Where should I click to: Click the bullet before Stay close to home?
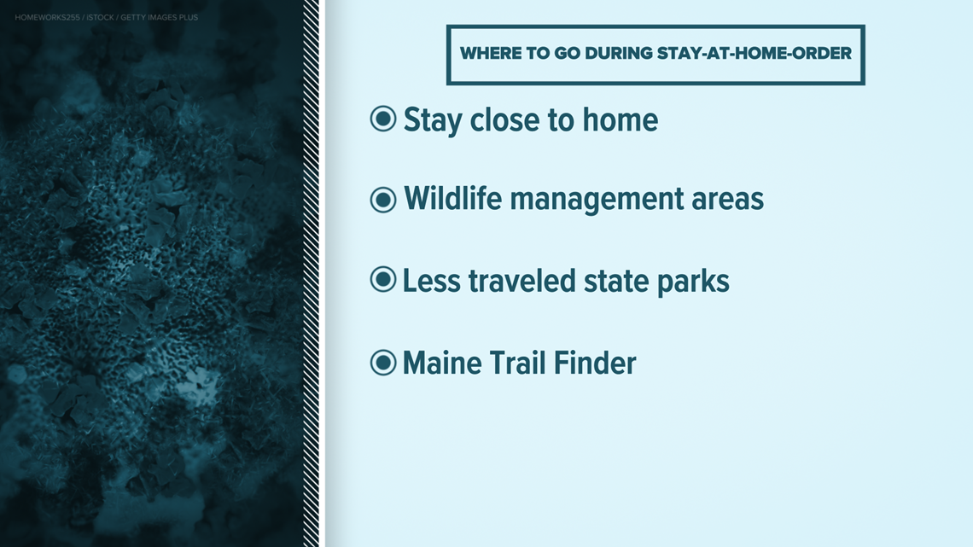[383, 119]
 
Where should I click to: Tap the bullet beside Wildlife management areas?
[383, 200]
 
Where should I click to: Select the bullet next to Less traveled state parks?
[383, 280]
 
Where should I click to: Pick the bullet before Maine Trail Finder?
[383, 363]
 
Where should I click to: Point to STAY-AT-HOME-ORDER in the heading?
[754, 54]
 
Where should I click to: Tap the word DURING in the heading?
[618, 54]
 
